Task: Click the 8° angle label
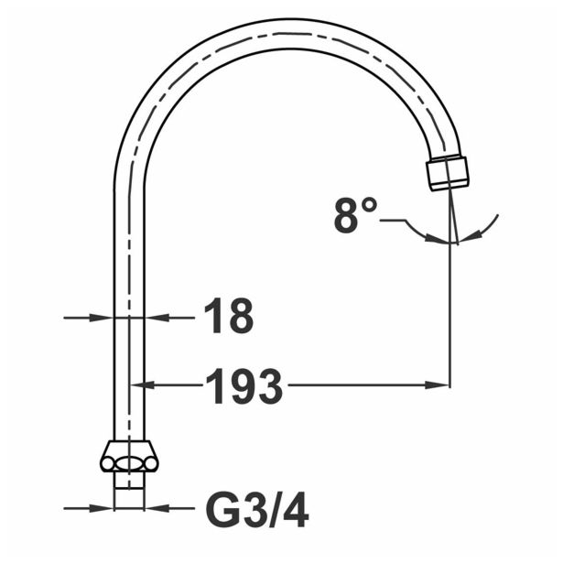click(355, 216)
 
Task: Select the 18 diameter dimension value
click(227, 318)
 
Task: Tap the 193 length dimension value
click(243, 386)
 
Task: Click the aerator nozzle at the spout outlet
click(448, 173)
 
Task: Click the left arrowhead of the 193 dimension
click(153, 385)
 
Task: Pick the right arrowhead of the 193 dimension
click(441, 385)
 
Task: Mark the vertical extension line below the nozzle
click(449, 311)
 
